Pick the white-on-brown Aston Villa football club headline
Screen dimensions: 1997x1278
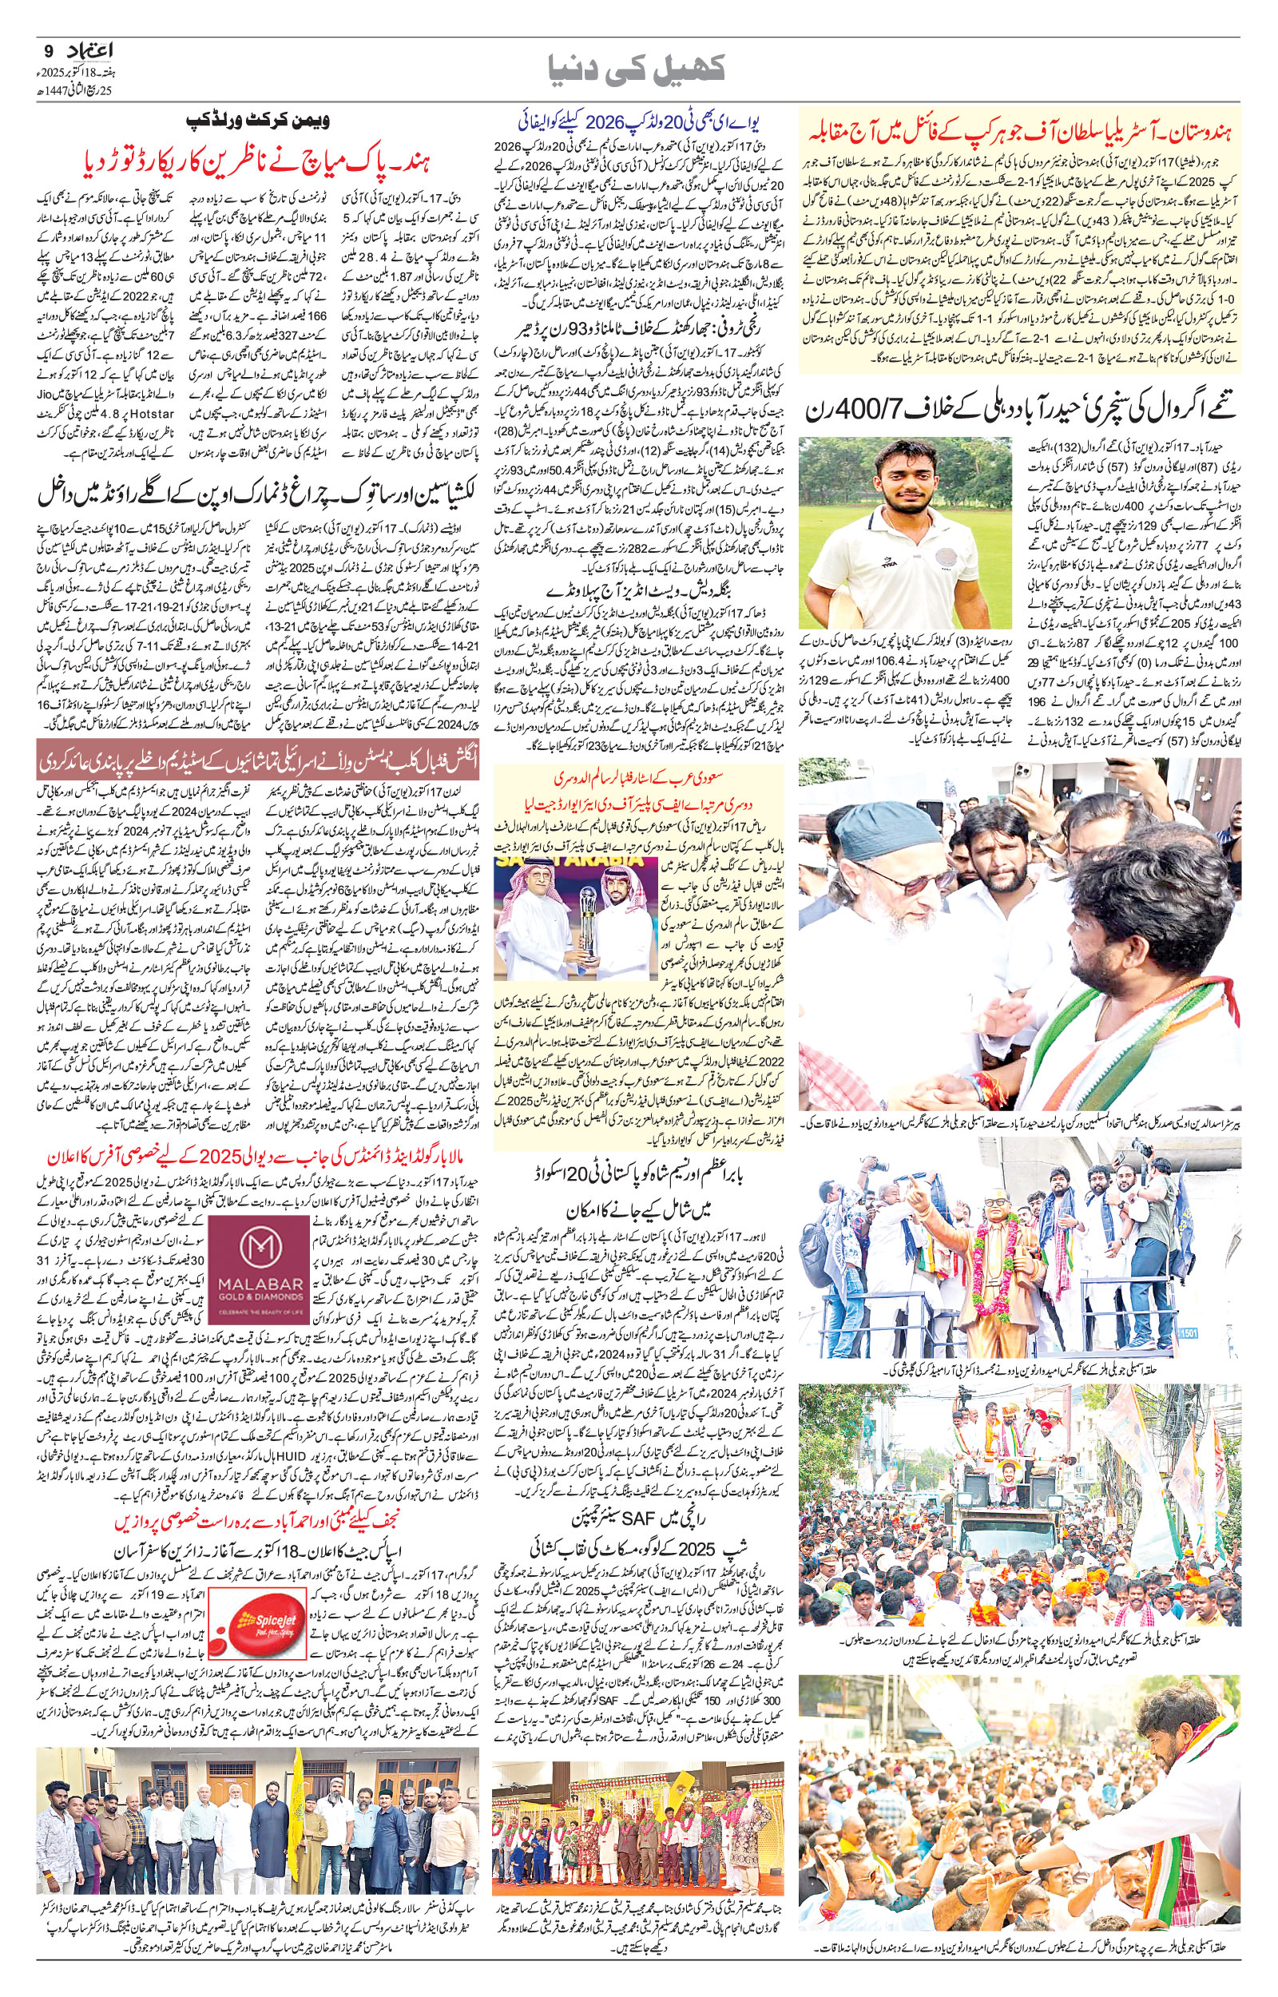(x=257, y=759)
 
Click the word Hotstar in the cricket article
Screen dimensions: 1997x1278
(x=149, y=412)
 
